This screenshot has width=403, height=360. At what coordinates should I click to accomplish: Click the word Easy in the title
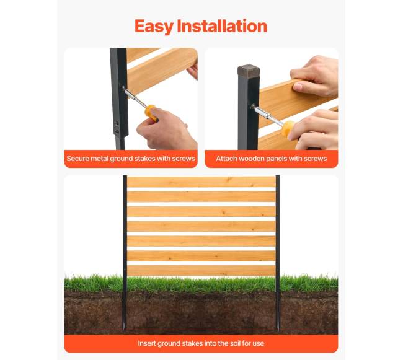tap(154, 27)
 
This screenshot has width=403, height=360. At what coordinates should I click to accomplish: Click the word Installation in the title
tap(223, 26)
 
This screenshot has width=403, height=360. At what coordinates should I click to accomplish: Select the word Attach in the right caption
tap(226, 159)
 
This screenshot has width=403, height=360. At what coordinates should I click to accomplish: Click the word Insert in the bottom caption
tap(146, 343)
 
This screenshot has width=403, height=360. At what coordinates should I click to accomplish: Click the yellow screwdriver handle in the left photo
tap(151, 113)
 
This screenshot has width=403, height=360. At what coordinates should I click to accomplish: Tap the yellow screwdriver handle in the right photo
tap(287, 129)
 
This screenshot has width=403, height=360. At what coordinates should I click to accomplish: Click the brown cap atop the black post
tap(248, 71)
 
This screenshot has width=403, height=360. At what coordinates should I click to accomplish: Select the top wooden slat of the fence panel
tap(201, 182)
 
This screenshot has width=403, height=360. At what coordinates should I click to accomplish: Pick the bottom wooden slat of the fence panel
tap(201, 271)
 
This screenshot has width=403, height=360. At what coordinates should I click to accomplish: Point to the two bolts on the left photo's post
tap(117, 127)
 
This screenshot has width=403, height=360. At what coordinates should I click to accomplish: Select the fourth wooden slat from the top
tap(201, 226)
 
